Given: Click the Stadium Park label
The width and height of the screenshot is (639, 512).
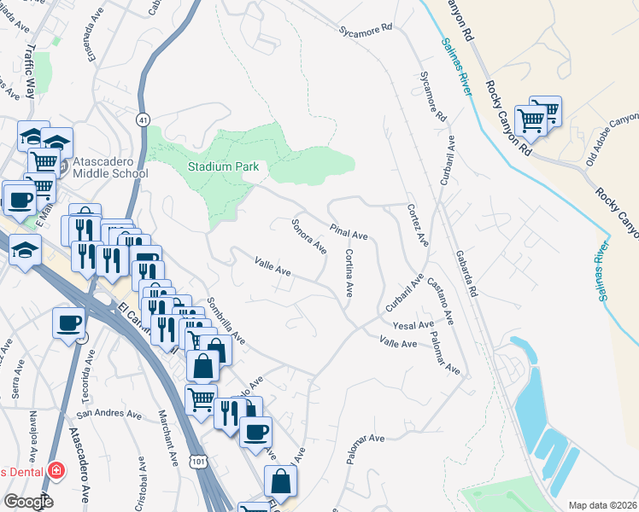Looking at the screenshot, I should pyautogui.click(x=223, y=167).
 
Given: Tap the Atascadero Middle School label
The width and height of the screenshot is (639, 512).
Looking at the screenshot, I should pyautogui.click(x=109, y=166).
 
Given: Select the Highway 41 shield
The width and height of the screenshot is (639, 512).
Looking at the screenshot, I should pyautogui.click(x=143, y=119).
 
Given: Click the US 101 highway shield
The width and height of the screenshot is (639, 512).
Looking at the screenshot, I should pyautogui.click(x=197, y=462).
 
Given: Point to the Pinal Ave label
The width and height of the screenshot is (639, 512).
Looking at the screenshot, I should pyautogui.click(x=349, y=230).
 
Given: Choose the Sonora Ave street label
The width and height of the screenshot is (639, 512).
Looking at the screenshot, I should pyautogui.click(x=309, y=236).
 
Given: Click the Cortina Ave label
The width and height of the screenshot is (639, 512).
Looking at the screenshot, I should pyautogui.click(x=349, y=272).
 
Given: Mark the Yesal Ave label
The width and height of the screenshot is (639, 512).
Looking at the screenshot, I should pyautogui.click(x=413, y=325).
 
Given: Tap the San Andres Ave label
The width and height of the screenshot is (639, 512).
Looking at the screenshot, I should pyautogui.click(x=108, y=414).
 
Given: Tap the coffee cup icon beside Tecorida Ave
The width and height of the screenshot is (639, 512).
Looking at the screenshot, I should pyautogui.click(x=68, y=323).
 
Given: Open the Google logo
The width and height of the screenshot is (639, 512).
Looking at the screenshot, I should pyautogui.click(x=27, y=501).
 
